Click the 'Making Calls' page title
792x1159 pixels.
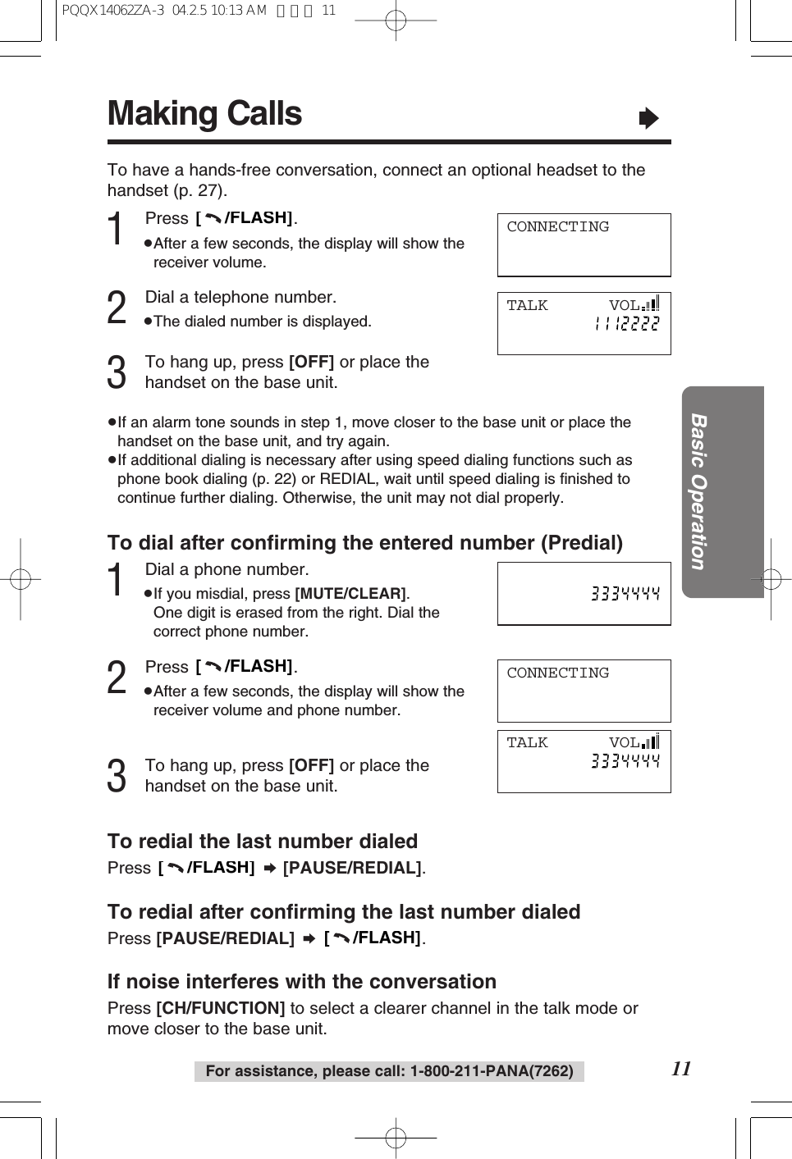204,114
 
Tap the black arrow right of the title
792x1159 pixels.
648,119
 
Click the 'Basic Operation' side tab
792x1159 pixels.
698,491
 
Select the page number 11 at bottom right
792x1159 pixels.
681,1068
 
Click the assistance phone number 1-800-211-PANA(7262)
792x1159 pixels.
492,1071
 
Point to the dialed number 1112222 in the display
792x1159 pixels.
626,324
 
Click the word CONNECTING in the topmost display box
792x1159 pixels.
557,227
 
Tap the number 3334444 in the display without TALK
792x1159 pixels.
625,593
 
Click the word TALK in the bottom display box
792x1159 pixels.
527,742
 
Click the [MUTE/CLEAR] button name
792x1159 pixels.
350,593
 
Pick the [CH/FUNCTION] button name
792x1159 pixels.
220,1008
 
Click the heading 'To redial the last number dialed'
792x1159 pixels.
263,842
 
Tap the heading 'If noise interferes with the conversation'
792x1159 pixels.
301,982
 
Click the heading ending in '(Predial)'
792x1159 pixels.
364,543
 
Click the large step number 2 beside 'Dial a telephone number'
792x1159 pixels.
117,308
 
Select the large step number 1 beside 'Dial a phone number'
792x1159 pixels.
117,580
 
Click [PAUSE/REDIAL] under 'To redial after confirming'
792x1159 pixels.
225,938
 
